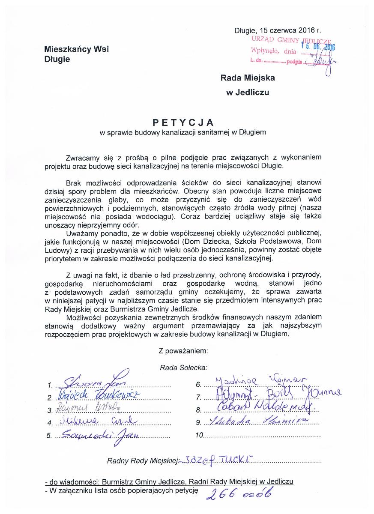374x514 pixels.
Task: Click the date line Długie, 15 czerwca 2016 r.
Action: click(277, 31)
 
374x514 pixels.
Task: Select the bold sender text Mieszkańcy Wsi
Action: click(77, 49)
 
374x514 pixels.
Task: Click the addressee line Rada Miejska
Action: click(248, 78)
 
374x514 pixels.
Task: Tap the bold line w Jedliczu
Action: click(248, 91)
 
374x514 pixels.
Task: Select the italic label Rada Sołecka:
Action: click(183, 367)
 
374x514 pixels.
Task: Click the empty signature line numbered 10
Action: click(261, 437)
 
